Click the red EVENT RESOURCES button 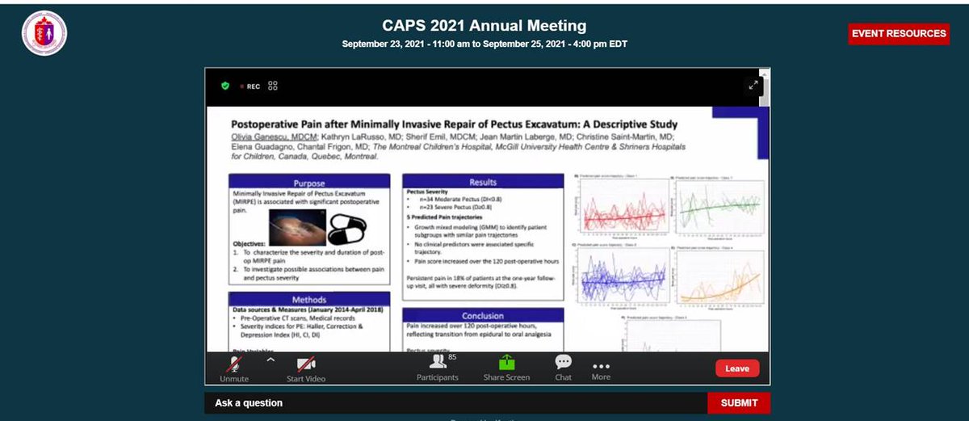point(898,34)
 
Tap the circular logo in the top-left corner point(44,33)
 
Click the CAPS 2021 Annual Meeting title point(484,26)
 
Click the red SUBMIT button point(738,402)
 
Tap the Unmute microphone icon point(235,364)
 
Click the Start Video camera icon point(306,364)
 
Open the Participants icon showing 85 point(438,362)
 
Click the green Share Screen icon point(506,363)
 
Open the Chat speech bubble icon point(563,362)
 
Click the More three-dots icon point(601,364)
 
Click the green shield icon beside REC point(225,86)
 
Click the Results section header point(482,182)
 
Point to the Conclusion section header point(482,316)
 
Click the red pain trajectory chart point(620,208)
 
